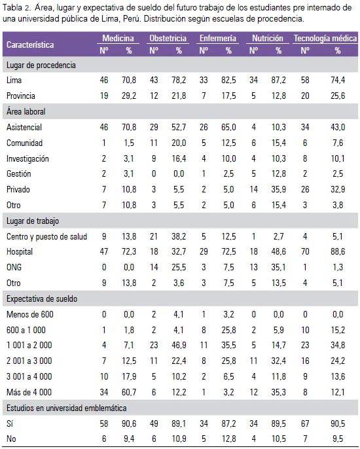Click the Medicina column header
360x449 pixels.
[118, 38]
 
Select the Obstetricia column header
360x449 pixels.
[168, 38]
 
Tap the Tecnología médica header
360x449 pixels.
[325, 38]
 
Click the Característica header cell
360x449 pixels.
[30, 45]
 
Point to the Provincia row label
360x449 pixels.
[21, 96]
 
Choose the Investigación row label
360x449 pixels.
[27, 158]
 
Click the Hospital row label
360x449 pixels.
[20, 252]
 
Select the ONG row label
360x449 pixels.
[14, 267]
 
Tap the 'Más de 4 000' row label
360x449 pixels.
[29, 392]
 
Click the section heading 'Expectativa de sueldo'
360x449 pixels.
[42, 298]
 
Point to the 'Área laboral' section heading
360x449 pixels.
[26, 111]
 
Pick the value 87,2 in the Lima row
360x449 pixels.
[279, 80]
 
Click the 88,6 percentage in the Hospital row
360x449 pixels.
[338, 252]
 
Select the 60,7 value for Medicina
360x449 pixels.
[129, 392]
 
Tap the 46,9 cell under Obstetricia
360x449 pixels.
[179, 345]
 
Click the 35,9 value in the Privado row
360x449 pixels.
[279, 189]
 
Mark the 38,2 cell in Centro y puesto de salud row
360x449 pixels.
[179, 236]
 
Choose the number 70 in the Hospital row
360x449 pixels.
[305, 252]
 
